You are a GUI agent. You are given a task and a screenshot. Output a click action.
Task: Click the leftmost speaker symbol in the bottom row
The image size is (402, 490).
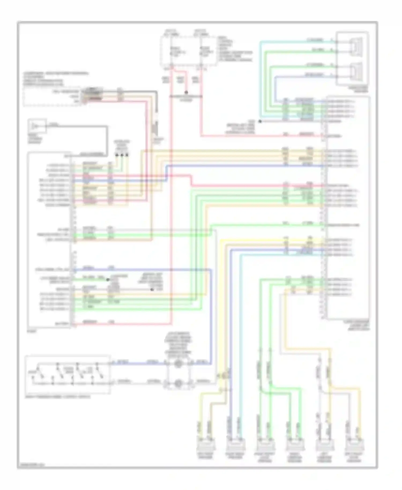point(206,446)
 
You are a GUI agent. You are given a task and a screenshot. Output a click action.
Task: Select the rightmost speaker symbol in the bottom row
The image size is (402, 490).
point(354,446)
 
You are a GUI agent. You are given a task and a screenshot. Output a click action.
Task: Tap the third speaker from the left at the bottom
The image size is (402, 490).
point(265,446)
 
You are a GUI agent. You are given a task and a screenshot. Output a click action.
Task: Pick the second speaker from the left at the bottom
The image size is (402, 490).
point(235,446)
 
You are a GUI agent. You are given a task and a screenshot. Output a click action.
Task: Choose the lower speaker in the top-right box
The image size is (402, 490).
point(356,70)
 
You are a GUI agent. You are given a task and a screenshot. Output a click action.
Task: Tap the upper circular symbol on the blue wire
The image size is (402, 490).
point(178,364)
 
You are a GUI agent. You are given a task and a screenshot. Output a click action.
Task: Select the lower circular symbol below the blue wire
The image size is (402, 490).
point(178,383)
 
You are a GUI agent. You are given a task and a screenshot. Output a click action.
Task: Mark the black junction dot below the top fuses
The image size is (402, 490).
point(186,92)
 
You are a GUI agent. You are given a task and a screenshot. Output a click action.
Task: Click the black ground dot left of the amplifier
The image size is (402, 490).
point(260,121)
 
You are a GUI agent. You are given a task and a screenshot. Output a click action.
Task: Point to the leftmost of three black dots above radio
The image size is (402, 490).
point(117,155)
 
